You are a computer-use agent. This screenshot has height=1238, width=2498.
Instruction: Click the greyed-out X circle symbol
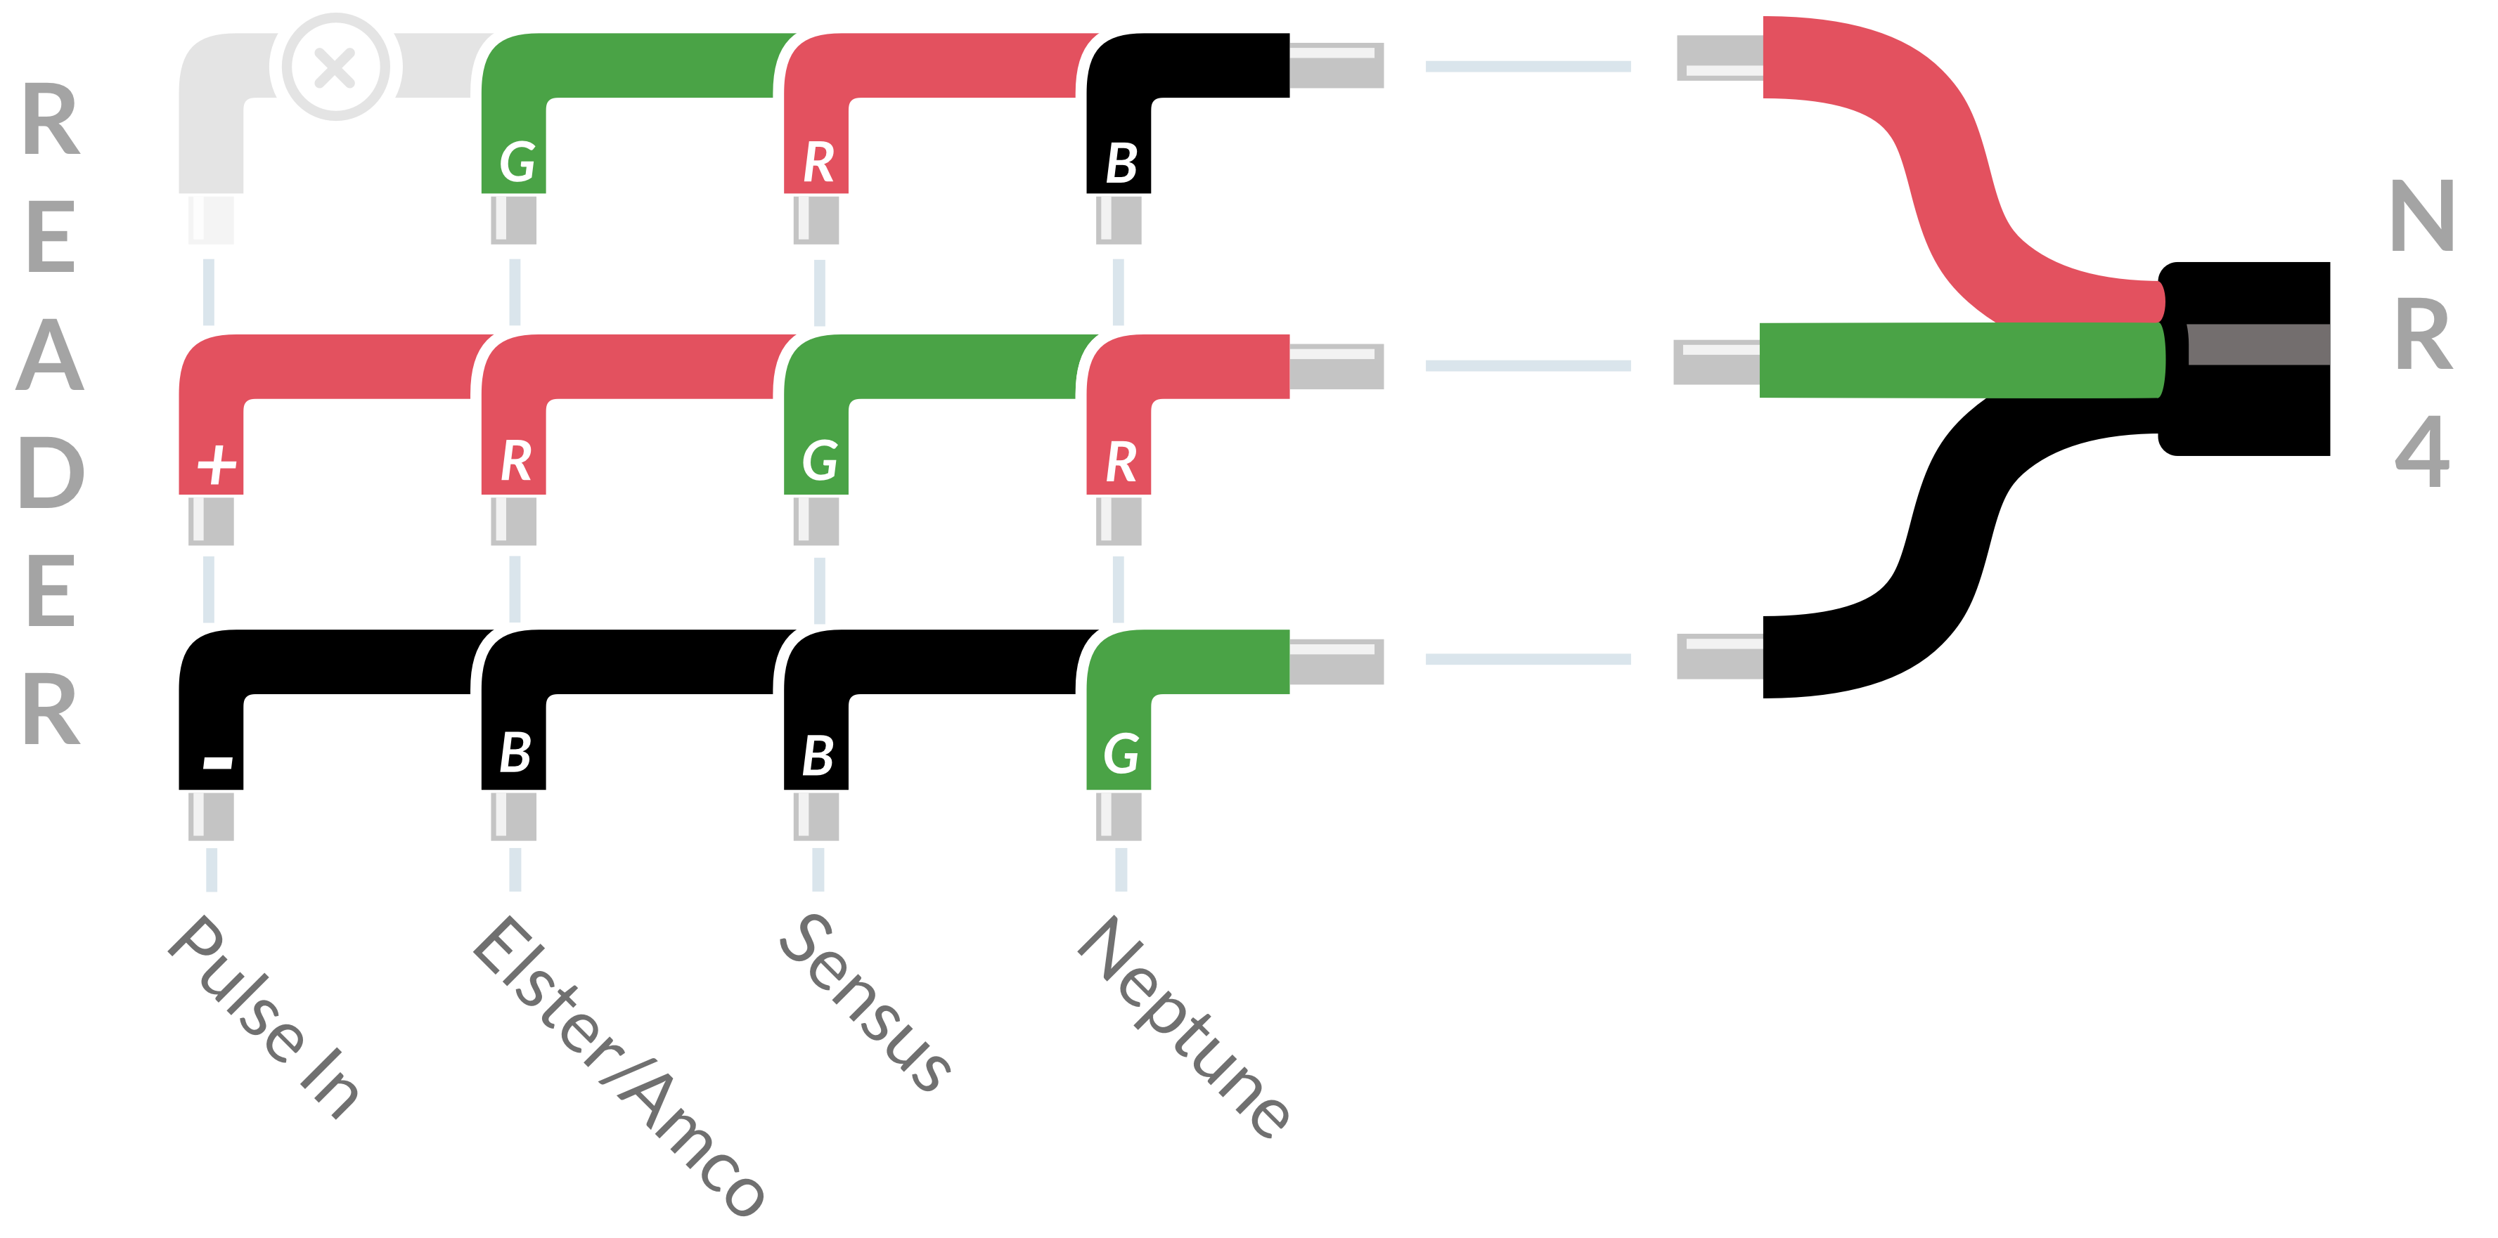[x=335, y=67]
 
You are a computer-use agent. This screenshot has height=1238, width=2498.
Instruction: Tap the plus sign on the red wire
[x=217, y=465]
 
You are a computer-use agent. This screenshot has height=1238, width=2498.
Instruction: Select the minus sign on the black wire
[x=217, y=762]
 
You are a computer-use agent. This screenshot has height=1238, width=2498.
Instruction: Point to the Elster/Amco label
[x=619, y=1064]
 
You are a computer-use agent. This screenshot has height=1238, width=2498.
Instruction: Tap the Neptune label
[x=1184, y=1026]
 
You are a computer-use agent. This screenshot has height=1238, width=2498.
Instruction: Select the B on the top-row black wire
[x=1122, y=163]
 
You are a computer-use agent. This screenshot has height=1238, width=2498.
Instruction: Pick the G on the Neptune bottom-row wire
[x=1121, y=754]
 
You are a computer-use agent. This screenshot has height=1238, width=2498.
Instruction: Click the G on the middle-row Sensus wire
[x=819, y=460]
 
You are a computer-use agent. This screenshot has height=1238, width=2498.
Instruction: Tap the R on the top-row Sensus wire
[x=818, y=162]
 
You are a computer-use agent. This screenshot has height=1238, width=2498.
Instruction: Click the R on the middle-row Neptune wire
[x=1121, y=462]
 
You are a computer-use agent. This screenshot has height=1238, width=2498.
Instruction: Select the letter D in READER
[x=51, y=472]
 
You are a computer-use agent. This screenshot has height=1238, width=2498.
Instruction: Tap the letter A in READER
[x=51, y=355]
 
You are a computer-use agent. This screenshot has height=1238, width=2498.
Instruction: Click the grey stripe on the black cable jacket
[x=2258, y=344]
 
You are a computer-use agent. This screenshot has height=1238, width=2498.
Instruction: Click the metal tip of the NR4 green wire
[x=1716, y=363]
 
